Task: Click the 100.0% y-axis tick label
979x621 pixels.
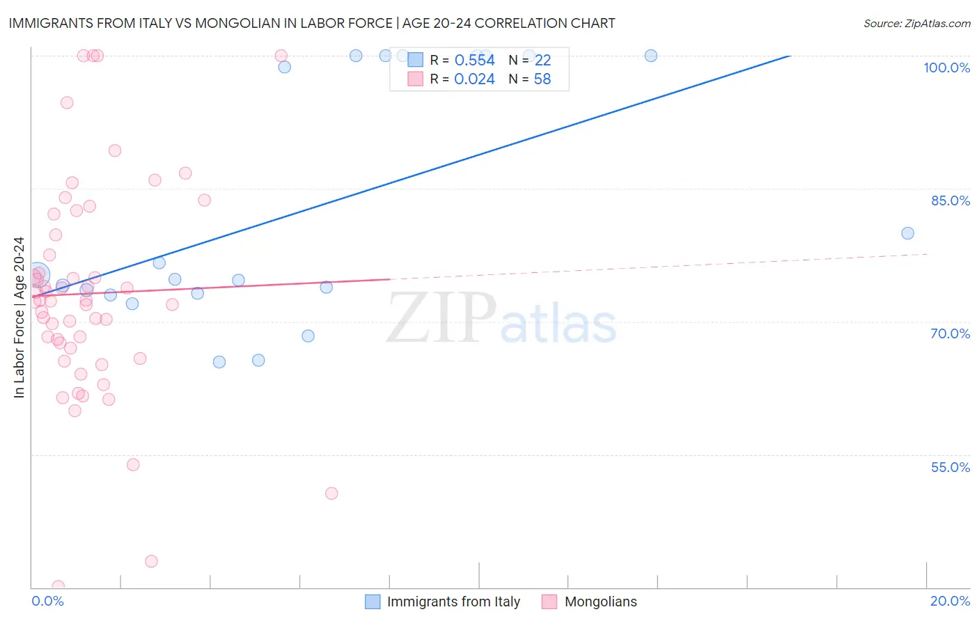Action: coord(946,68)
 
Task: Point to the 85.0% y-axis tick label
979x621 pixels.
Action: coord(950,201)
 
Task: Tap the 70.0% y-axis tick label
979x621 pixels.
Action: coord(950,333)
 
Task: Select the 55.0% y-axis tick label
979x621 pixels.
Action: coord(950,467)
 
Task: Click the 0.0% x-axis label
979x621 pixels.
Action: coord(47,601)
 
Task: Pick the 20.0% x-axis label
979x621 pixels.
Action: coord(950,601)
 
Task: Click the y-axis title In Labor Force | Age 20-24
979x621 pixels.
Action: coord(19,317)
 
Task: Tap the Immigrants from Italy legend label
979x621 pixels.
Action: coord(453,602)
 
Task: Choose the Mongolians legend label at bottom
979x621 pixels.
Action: coord(600,602)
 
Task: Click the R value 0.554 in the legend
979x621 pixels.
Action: coord(474,61)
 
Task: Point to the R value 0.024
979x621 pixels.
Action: coord(474,79)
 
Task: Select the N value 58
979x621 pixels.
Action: coord(542,79)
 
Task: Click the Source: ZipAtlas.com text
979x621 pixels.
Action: coord(916,24)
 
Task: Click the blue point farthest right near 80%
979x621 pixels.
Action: coord(907,233)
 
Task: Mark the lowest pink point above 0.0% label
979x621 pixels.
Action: coord(58,586)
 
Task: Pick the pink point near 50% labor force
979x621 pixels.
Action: coord(331,494)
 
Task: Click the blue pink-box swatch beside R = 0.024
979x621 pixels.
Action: coord(415,79)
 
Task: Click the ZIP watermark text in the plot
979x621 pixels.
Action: coord(441,317)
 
